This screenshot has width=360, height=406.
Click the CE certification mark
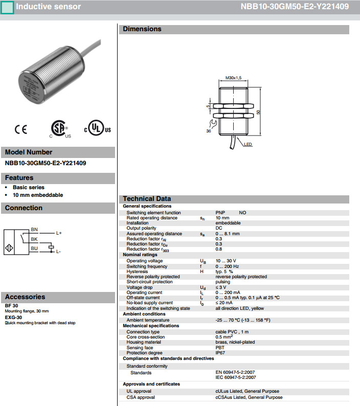21,129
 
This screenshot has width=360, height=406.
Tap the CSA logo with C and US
60,129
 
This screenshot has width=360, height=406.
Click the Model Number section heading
29,152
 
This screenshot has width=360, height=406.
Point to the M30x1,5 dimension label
233,78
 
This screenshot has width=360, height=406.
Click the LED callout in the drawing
247,145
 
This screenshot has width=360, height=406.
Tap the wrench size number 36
209,131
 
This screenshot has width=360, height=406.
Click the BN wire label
34,229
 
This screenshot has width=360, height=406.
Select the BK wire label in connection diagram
34,239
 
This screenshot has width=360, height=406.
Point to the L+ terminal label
59,233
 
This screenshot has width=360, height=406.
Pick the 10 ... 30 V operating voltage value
226,261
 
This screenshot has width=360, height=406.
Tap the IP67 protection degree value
220,353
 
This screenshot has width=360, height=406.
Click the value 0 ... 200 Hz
227,266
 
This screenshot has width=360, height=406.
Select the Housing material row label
144,342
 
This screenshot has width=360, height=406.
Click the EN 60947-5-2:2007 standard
236,373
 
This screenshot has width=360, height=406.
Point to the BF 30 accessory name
11,305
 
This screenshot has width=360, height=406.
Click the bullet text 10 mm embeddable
38,195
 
